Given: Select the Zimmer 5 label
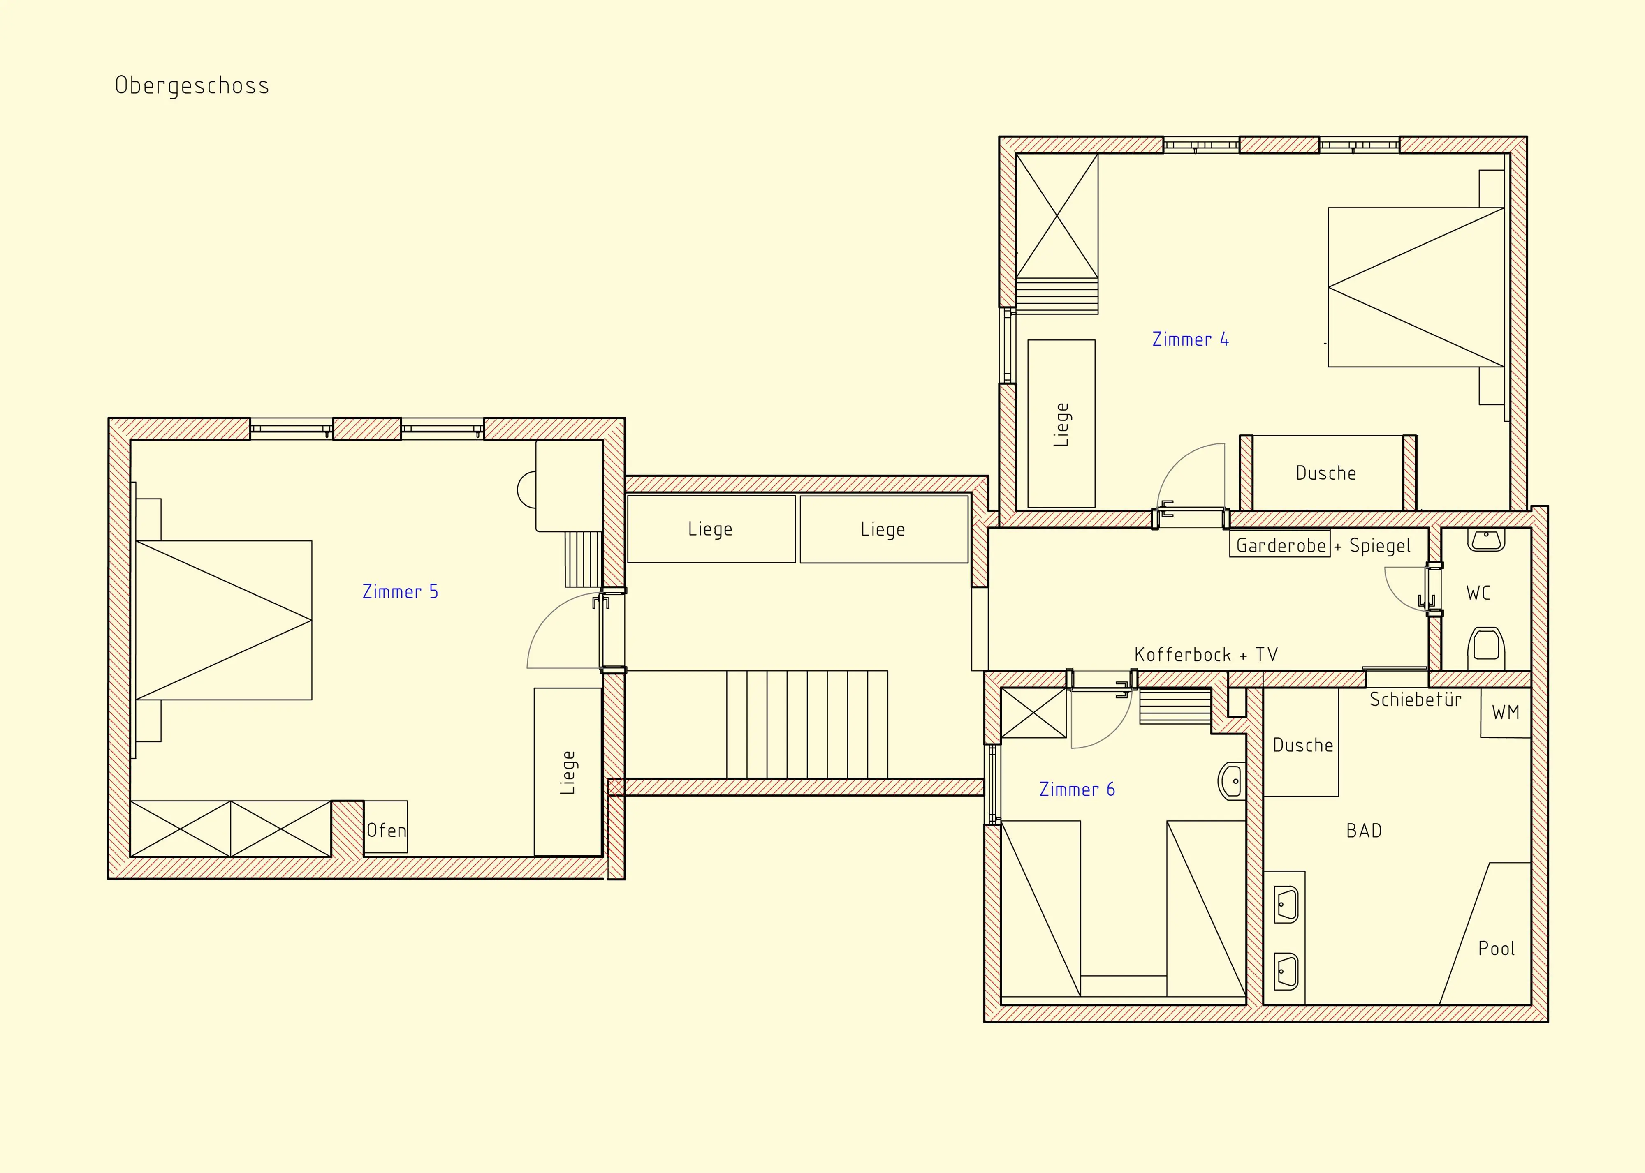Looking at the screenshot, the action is (401, 591).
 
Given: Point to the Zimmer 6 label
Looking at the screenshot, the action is (1077, 790).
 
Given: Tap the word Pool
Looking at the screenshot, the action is (1496, 948).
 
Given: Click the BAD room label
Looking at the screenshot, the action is (1364, 831).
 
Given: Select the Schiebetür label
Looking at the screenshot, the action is (1415, 699).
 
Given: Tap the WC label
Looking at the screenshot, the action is (1478, 593).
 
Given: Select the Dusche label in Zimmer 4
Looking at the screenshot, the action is (1325, 473).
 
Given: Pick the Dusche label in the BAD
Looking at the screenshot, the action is (1302, 745).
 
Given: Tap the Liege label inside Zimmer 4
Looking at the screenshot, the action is (1061, 425).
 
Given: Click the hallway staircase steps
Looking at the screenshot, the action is (806, 725).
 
